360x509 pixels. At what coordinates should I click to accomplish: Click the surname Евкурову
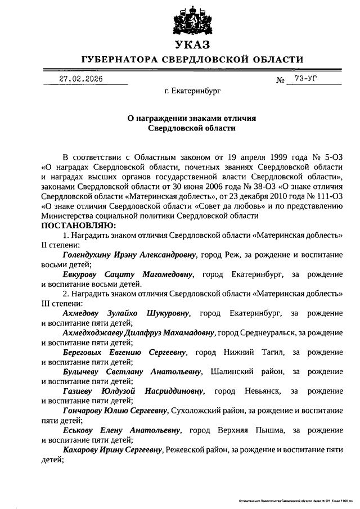click(81, 274)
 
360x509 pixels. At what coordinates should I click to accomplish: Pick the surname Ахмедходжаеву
click(98, 333)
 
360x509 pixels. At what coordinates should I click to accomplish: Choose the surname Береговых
click(84, 352)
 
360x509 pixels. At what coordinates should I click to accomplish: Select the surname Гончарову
click(86, 411)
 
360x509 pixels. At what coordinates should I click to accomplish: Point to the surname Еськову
click(79, 430)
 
